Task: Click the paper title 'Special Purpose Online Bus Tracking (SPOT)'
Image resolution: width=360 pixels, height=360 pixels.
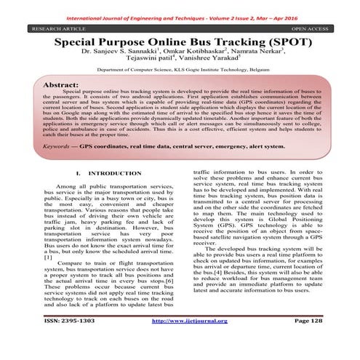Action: [180, 44]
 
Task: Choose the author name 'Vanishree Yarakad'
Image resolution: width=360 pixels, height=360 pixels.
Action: [209, 65]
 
